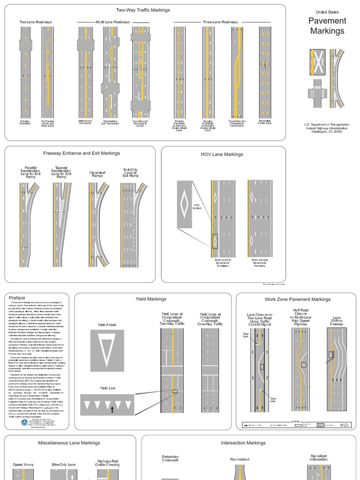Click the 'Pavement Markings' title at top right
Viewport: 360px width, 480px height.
pos(327,26)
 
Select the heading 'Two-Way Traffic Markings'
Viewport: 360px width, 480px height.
pos(143,10)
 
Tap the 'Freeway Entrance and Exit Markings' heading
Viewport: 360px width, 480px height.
pos(82,153)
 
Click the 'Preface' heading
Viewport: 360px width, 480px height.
pos(17,298)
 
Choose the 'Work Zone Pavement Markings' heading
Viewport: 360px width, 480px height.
pos(297,299)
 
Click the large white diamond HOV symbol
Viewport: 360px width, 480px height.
pos(185,204)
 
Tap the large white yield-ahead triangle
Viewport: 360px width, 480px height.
pos(107,350)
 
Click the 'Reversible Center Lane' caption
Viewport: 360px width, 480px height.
pos(265,122)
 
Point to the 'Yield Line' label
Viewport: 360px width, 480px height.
pos(107,388)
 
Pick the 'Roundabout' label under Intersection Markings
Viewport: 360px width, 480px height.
pos(241,459)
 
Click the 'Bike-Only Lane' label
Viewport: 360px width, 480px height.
pos(63,465)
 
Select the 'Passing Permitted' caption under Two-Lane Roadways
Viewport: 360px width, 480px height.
pos(25,122)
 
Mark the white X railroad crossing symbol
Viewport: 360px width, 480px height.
pos(317,61)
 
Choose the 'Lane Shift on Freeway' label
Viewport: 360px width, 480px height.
pos(337,321)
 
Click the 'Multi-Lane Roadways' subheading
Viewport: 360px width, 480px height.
pos(113,22)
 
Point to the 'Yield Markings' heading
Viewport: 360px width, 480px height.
pos(150,299)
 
